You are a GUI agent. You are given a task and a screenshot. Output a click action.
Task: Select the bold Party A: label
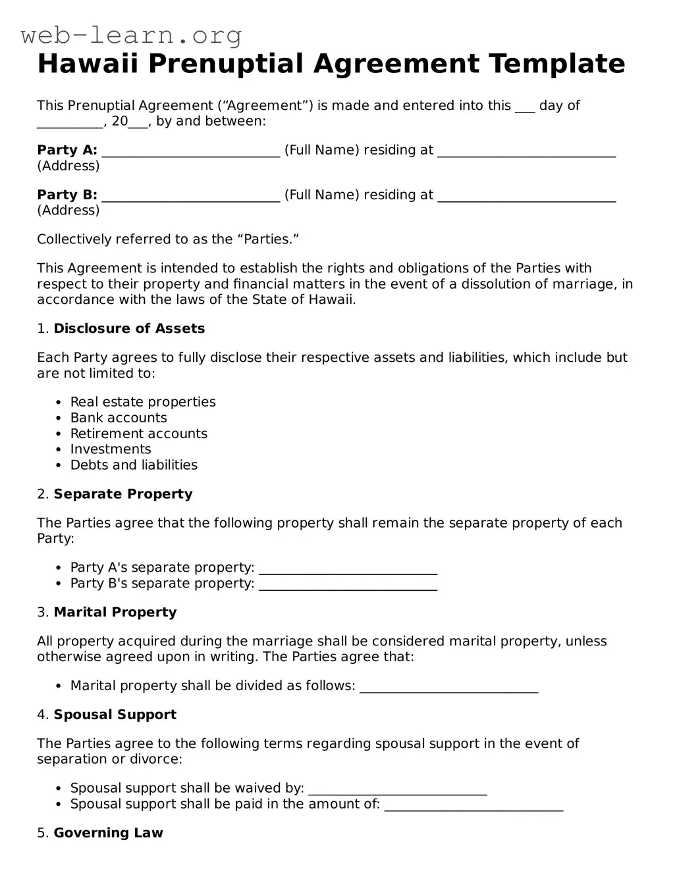pos(67,150)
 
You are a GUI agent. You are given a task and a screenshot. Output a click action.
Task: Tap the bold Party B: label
pos(67,195)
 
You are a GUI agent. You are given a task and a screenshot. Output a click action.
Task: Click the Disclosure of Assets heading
pos(129,329)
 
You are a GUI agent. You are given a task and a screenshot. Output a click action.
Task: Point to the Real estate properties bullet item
pos(143,402)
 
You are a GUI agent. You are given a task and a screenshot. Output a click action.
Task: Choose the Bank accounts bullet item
pos(119,418)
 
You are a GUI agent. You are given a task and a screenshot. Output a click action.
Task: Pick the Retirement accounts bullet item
pos(139,434)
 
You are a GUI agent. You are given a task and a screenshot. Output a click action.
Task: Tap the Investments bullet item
pos(111,449)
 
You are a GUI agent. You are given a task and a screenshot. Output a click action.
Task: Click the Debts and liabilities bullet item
pos(134,465)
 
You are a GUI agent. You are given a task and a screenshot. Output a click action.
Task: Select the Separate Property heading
pos(123,494)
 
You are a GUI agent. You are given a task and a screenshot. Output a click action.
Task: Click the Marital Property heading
pos(115,612)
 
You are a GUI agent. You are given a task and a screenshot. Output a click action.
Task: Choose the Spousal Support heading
pos(115,715)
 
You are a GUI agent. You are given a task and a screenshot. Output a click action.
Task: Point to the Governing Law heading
pos(108,833)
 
